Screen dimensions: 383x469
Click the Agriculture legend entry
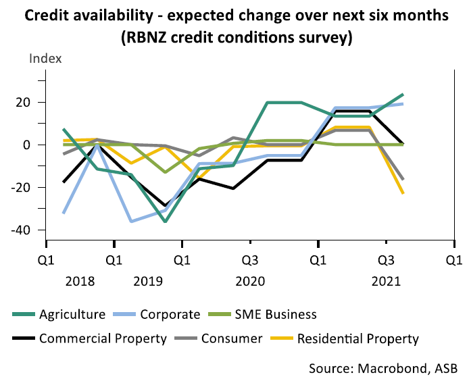click(x=72, y=314)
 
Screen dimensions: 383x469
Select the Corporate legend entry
click(x=170, y=314)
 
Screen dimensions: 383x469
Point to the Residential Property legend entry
click(x=358, y=338)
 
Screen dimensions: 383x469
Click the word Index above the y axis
click(x=45, y=58)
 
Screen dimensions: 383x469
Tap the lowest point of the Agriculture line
click(x=165, y=221)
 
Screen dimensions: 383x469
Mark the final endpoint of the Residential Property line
click(x=403, y=193)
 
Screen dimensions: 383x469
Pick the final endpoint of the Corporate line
click(x=403, y=103)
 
